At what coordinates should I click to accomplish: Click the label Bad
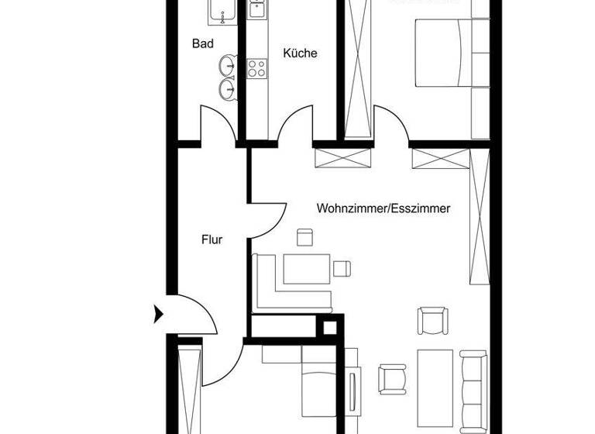pos(202,44)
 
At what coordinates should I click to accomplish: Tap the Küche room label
pos(300,53)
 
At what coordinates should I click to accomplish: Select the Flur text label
pos(212,239)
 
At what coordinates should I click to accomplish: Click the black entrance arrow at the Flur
pos(159,314)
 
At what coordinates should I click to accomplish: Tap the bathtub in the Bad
pos(225,11)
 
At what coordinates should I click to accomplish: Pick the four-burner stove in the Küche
pos(256,68)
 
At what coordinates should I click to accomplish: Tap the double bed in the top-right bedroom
pos(443,53)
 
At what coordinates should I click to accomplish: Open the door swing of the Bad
pos(216,124)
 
